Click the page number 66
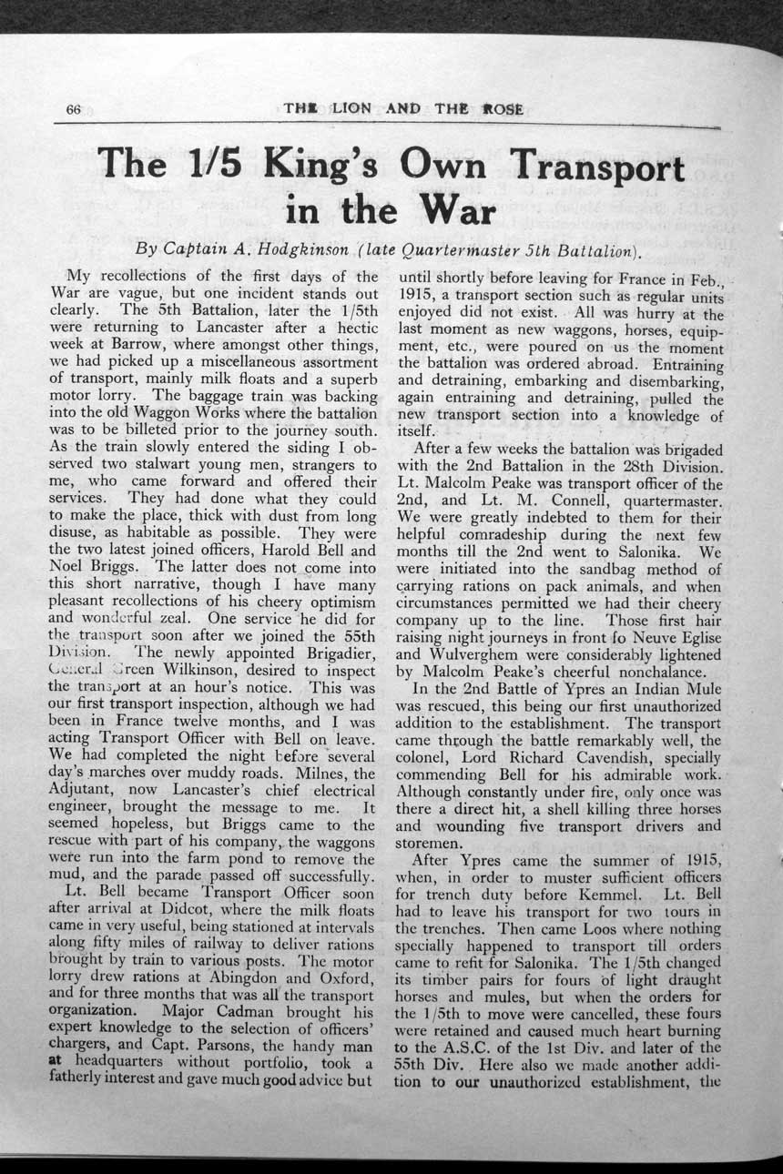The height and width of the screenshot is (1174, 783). [x=75, y=109]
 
